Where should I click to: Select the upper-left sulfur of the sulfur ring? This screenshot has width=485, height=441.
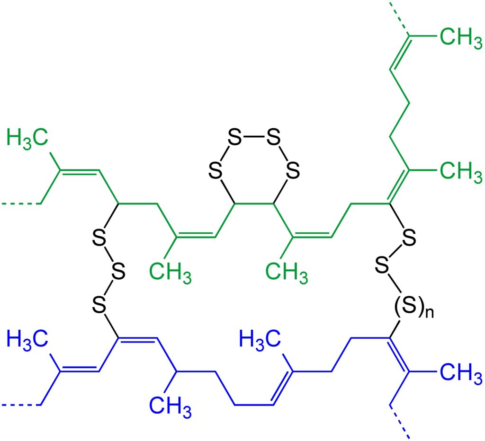click(x=235, y=138)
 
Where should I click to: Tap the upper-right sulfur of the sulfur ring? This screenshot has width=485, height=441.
click(x=273, y=138)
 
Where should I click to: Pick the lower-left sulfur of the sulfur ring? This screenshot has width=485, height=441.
click(x=216, y=171)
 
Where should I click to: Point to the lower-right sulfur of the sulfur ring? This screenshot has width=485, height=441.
click(x=293, y=171)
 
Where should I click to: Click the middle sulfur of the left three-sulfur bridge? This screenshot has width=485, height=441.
click(x=118, y=272)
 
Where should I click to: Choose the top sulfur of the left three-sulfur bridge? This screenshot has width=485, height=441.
click(x=99, y=238)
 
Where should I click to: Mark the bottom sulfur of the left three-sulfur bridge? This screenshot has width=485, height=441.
click(x=99, y=305)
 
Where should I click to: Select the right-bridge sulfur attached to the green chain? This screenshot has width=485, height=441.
click(x=409, y=238)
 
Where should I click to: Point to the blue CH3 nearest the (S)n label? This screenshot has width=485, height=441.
click(x=461, y=373)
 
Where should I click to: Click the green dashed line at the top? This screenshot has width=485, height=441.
click(x=399, y=19)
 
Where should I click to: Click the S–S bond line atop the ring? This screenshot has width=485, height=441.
click(x=254, y=137)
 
